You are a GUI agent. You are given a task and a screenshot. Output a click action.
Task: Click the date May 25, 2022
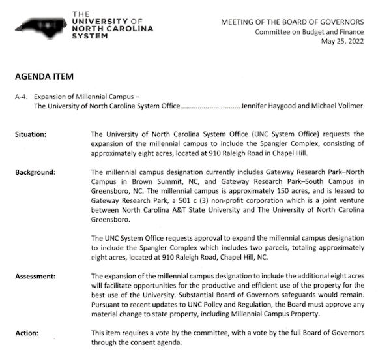coord(343,42)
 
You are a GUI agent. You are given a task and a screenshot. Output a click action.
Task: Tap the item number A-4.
coord(22,96)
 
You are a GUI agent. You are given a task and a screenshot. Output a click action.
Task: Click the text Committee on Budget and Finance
coord(310,32)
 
